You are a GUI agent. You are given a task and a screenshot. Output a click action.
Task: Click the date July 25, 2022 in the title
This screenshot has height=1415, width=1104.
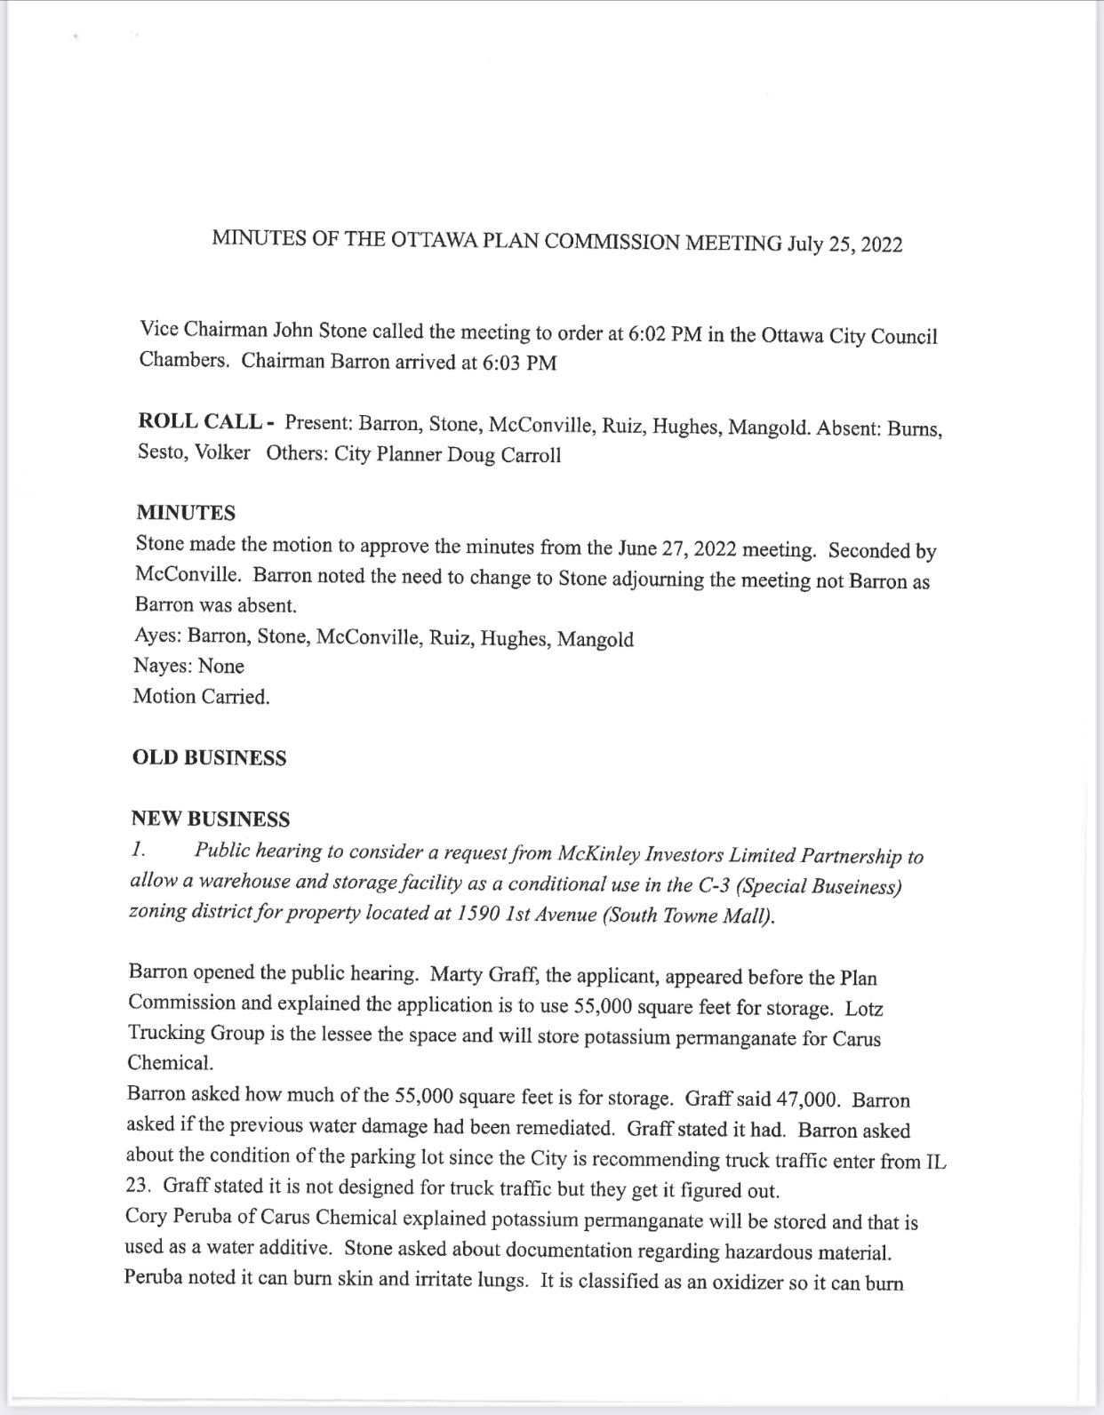click(844, 244)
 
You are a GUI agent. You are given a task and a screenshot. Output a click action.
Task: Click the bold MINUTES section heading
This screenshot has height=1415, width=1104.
click(186, 513)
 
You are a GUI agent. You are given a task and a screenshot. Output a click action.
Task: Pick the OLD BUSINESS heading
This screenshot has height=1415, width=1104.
click(209, 758)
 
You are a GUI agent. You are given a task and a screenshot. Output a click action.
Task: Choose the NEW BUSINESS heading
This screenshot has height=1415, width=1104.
click(211, 819)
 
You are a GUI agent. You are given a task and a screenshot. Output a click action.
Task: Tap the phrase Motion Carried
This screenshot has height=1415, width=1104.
click(202, 697)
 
